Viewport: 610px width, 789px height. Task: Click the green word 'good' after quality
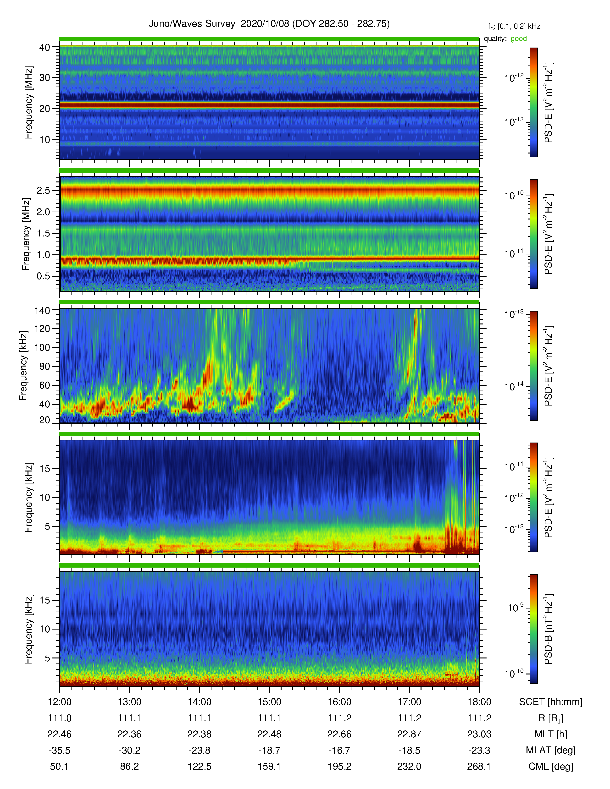tap(519, 39)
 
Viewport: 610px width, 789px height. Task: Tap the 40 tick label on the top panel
tap(45, 47)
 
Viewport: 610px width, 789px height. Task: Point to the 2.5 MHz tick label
tap(43, 190)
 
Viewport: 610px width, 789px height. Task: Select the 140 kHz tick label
tap(42, 310)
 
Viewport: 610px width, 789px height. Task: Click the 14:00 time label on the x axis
tap(200, 702)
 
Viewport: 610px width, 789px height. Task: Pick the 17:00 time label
tap(410, 702)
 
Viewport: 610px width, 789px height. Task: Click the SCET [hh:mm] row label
tap(551, 702)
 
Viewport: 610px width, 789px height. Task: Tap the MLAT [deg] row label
tap(551, 750)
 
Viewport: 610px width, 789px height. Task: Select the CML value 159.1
tap(269, 766)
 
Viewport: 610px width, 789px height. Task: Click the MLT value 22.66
tap(339, 734)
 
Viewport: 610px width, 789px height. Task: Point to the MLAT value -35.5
tap(59, 750)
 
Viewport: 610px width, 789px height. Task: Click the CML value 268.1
tap(479, 766)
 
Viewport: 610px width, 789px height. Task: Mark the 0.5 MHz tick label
tap(43, 276)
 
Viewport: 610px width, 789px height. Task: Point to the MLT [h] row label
tap(551, 734)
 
